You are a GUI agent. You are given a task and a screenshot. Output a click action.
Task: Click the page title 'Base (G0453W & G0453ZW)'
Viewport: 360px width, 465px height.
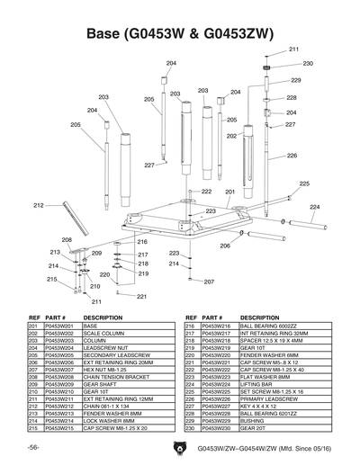[179, 33]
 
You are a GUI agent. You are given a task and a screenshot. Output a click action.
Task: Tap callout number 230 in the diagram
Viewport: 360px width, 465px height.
[308, 64]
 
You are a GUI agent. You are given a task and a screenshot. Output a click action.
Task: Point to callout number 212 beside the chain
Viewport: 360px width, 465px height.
[39, 206]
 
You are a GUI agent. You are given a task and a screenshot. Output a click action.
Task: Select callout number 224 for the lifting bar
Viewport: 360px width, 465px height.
[314, 206]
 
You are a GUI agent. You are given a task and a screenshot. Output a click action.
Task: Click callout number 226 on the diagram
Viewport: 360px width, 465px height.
[292, 156]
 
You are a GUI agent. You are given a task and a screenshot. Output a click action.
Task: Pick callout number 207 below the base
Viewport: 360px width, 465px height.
[208, 282]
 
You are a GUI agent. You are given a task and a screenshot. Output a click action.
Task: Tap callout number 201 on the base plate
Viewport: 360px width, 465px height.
[229, 192]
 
